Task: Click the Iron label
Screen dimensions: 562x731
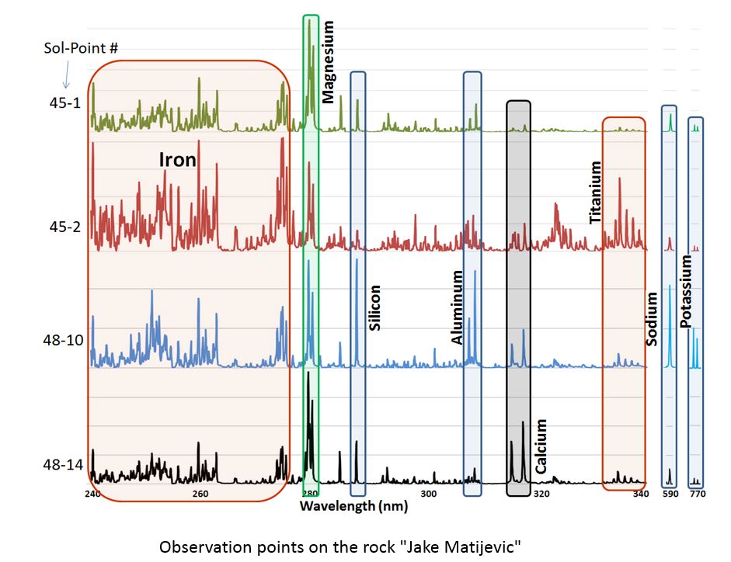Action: click(x=177, y=160)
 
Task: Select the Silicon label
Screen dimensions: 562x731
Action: click(x=374, y=309)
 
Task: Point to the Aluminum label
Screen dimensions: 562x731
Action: click(x=458, y=307)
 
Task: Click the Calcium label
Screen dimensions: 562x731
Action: click(x=541, y=446)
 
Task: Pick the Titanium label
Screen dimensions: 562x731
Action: click(x=596, y=193)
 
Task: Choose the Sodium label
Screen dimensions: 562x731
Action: click(x=651, y=318)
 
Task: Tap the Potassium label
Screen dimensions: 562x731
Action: click(x=685, y=292)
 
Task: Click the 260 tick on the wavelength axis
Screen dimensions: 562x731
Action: click(x=200, y=494)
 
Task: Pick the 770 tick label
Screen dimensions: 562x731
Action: click(x=696, y=494)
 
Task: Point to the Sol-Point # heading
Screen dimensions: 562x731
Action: click(x=81, y=48)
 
